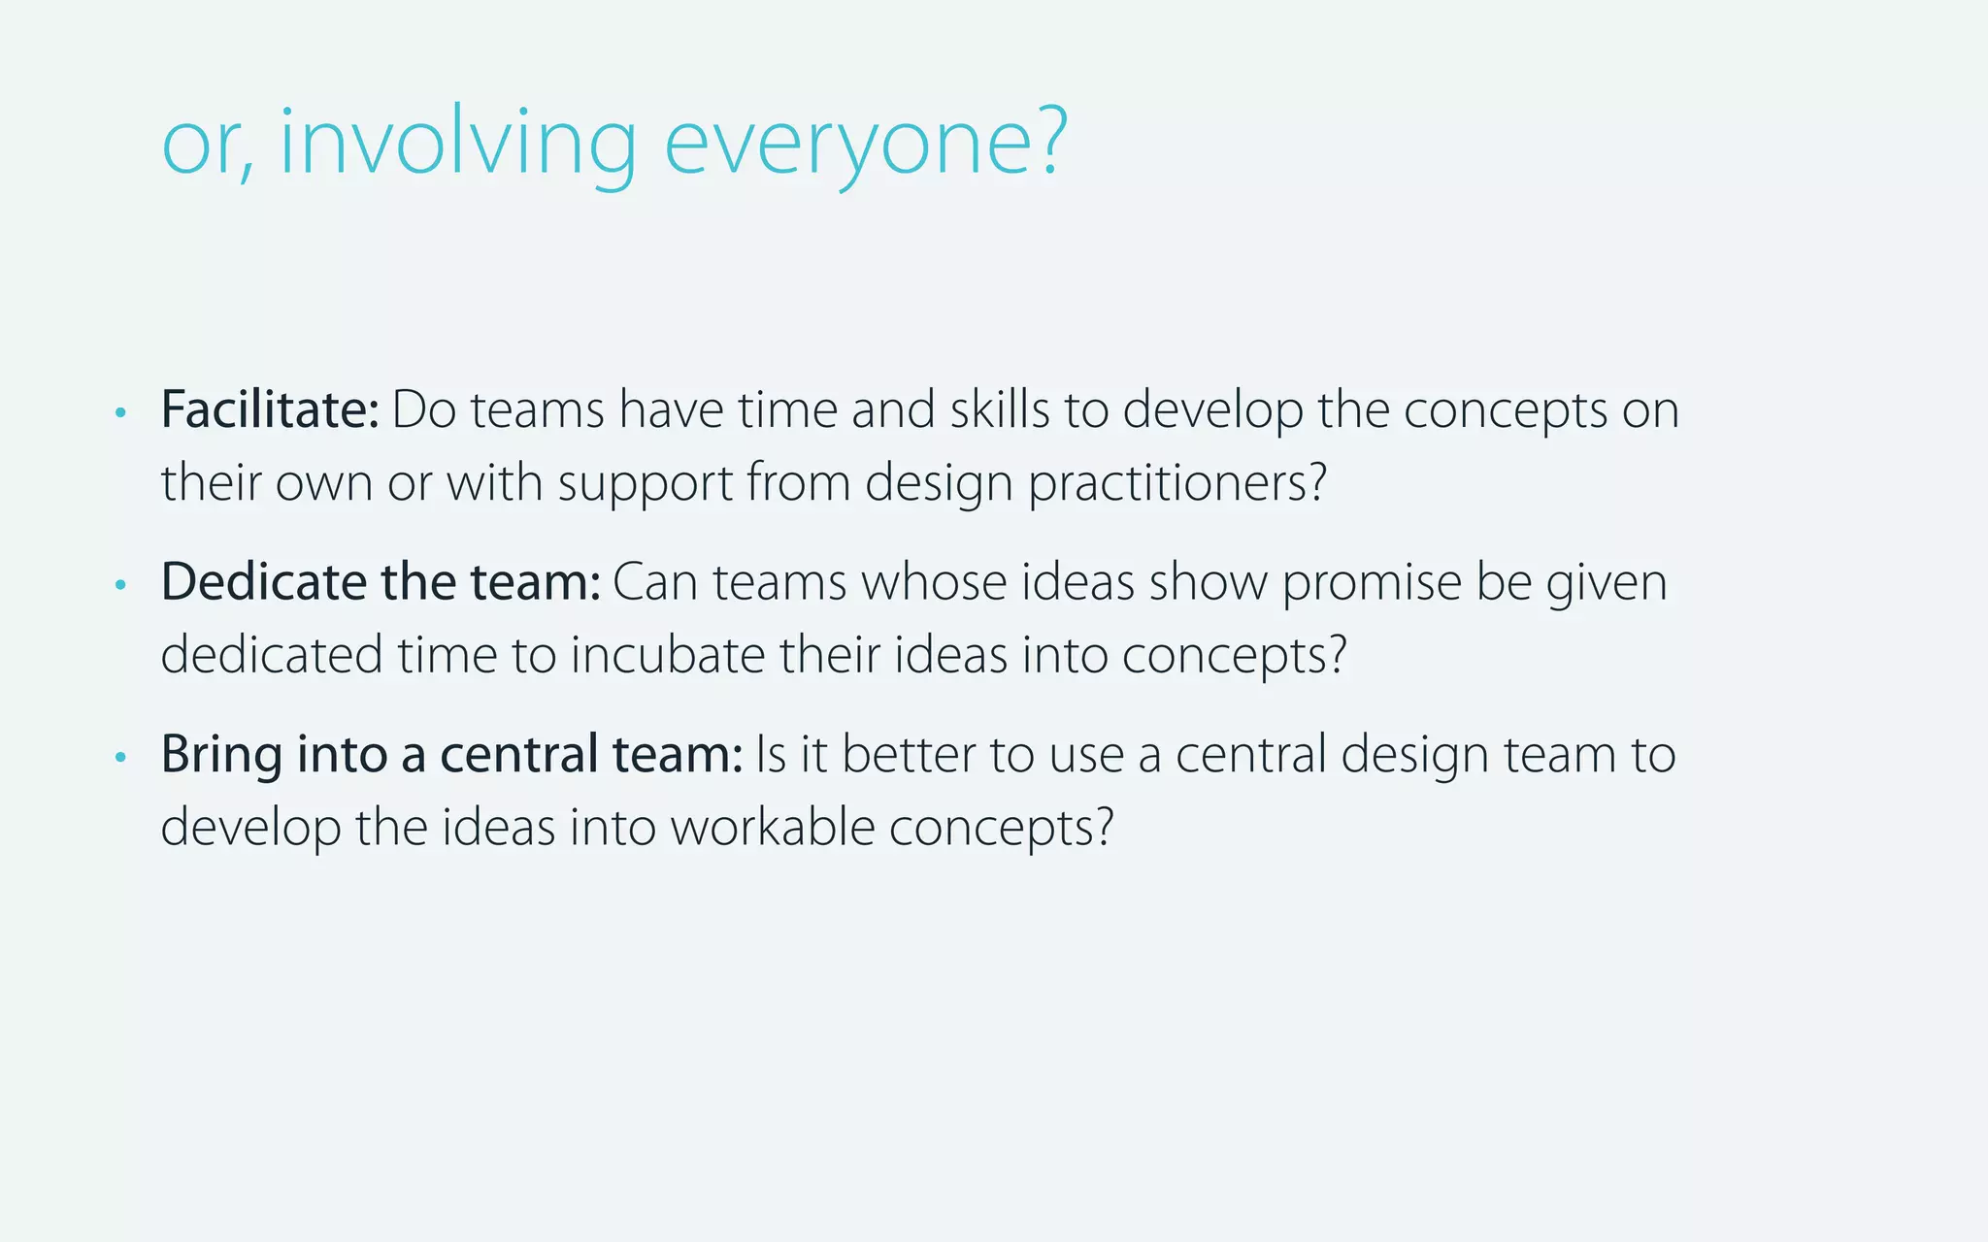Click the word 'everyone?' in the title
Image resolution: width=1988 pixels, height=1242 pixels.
click(x=865, y=144)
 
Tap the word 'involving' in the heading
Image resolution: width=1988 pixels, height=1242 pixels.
click(x=457, y=144)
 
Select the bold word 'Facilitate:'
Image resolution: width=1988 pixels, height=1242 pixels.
click(x=270, y=409)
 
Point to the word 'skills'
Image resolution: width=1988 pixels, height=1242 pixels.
click(x=1000, y=409)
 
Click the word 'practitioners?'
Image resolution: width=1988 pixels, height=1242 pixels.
click(x=1177, y=482)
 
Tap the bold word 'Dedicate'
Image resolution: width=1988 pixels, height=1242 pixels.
click(x=262, y=582)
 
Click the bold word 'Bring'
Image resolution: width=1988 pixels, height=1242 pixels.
click(x=221, y=755)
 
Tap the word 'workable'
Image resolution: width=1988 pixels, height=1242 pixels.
click(x=773, y=828)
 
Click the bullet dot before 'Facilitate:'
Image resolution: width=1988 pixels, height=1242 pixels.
click(x=120, y=413)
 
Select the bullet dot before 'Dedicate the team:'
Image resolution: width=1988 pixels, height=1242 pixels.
click(x=120, y=585)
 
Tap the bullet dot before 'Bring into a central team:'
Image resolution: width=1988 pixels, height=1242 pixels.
click(x=120, y=757)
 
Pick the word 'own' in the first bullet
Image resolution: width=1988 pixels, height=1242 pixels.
click(x=323, y=482)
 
